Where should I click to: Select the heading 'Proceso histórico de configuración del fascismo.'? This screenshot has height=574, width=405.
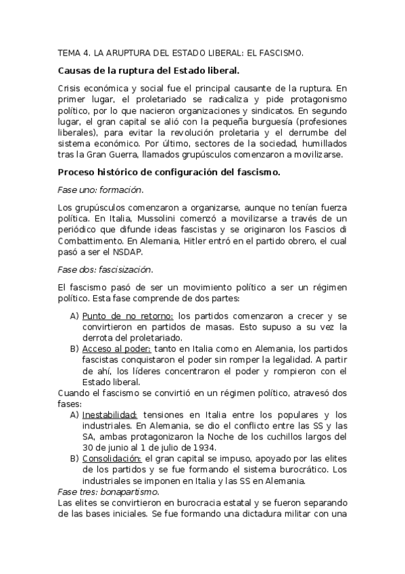(169, 173)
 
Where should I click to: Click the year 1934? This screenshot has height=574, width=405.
(201, 447)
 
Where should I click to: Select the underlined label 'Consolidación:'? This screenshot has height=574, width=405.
(112, 458)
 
